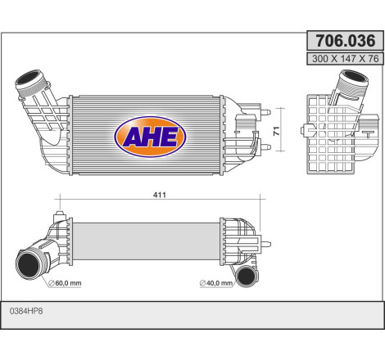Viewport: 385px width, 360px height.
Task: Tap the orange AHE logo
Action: click(x=151, y=136)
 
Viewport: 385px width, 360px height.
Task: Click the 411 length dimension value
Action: click(x=160, y=195)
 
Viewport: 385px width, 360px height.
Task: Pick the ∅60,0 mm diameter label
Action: click(x=66, y=283)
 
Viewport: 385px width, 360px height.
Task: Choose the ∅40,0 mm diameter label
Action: click(x=217, y=283)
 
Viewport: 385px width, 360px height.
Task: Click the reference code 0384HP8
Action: click(x=26, y=312)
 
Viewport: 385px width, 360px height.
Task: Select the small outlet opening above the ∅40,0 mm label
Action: click(x=243, y=273)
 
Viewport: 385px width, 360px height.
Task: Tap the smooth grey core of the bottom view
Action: click(x=147, y=237)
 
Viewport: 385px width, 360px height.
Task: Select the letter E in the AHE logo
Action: click(x=170, y=137)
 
